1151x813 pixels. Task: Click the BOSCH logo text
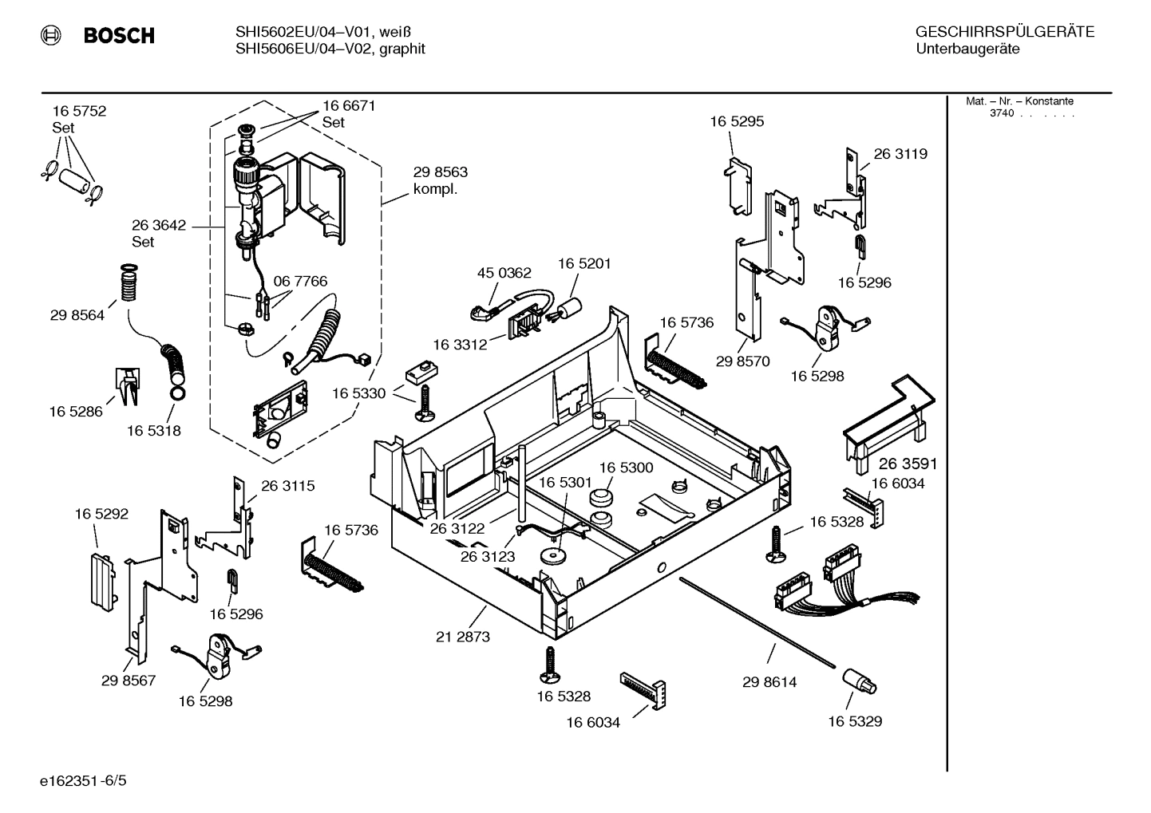pos(119,36)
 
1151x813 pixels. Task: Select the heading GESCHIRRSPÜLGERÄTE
pos(1004,32)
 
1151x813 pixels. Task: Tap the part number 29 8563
pos(440,172)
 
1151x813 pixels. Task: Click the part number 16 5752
pos(79,111)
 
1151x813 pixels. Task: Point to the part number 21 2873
pos(463,637)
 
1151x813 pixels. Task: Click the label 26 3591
pos(908,464)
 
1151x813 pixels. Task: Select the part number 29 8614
pos(769,682)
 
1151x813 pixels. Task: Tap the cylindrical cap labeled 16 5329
pos(858,681)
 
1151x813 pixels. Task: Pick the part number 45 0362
pos(504,273)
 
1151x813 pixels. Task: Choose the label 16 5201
pos(584,263)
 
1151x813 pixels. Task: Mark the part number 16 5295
pos(737,121)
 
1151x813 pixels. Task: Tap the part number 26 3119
pos(900,154)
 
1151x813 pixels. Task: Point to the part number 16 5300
pos(626,468)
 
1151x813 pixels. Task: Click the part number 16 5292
pos(101,514)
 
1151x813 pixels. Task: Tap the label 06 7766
pos(300,282)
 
